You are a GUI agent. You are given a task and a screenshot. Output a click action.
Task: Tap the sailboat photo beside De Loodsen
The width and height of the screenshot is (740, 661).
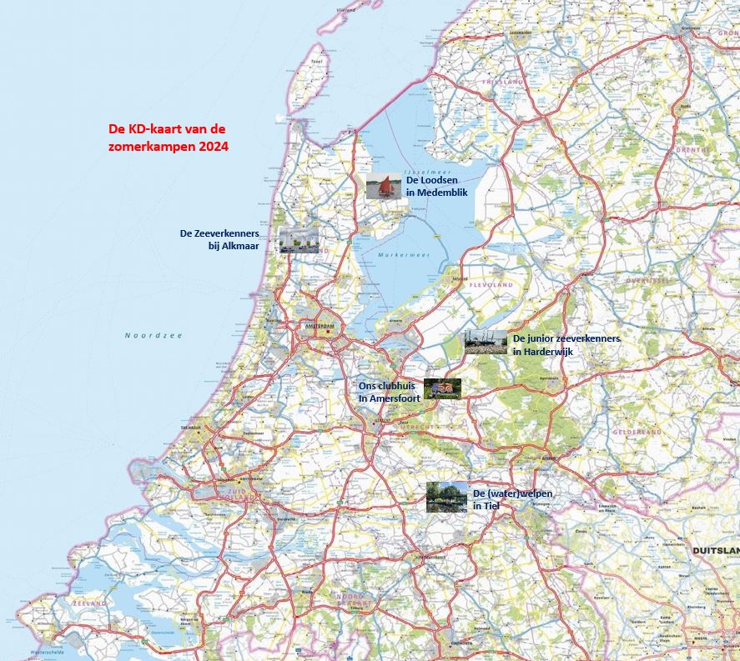click(385, 187)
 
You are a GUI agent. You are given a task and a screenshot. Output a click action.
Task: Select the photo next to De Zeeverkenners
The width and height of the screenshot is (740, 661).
click(298, 240)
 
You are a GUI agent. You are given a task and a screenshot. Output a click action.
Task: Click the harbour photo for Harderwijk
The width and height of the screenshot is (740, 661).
click(486, 342)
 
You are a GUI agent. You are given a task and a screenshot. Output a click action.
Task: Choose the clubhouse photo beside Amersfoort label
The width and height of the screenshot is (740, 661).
click(442, 388)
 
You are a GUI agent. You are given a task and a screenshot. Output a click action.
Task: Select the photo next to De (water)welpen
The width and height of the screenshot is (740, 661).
click(446, 497)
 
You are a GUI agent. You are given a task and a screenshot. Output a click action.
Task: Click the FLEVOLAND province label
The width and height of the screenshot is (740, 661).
click(493, 285)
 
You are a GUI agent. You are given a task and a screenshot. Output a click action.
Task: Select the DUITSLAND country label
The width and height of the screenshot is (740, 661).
click(715, 551)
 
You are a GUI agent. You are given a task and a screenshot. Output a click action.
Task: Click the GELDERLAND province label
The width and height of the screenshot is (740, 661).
click(637, 433)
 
